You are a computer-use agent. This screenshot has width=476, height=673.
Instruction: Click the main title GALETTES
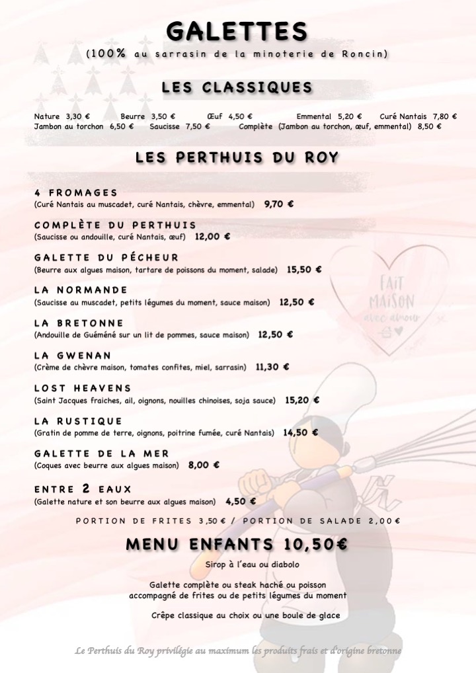[237, 31]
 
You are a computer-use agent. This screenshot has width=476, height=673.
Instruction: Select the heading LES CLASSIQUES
[237, 88]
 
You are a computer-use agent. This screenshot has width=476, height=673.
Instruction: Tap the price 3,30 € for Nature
[78, 116]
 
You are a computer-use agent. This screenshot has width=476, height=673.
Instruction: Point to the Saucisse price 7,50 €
[198, 126]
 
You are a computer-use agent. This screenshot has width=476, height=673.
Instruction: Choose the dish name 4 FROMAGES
[75, 193]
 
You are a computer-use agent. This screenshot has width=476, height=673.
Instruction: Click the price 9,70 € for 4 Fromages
[278, 204]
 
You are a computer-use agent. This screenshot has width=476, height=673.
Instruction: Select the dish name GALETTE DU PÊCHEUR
[106, 258]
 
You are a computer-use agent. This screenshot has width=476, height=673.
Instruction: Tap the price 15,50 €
[304, 269]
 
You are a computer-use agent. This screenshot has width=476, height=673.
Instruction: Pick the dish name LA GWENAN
[73, 355]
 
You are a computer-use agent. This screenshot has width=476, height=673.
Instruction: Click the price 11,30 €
[272, 366]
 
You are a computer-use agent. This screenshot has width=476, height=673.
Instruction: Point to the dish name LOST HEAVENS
[83, 388]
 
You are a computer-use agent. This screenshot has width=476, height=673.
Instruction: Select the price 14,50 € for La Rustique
[301, 432]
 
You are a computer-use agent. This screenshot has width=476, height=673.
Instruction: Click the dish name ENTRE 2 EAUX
[83, 489]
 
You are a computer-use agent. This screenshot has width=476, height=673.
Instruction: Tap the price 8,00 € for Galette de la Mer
[204, 465]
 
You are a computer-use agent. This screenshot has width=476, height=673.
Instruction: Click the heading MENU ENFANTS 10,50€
[237, 545]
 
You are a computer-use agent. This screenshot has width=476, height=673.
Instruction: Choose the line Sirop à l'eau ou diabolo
[237, 565]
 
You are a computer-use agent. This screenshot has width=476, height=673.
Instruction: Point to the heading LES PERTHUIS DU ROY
[237, 157]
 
